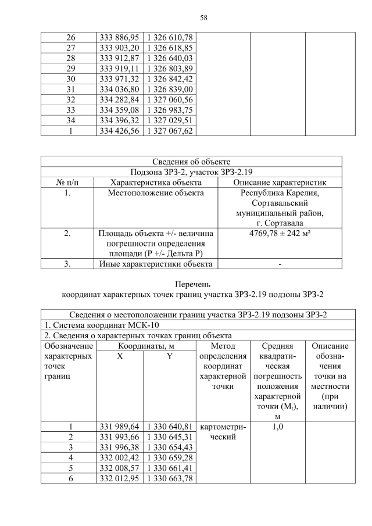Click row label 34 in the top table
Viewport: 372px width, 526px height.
69,120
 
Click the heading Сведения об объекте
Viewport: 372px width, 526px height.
191,161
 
